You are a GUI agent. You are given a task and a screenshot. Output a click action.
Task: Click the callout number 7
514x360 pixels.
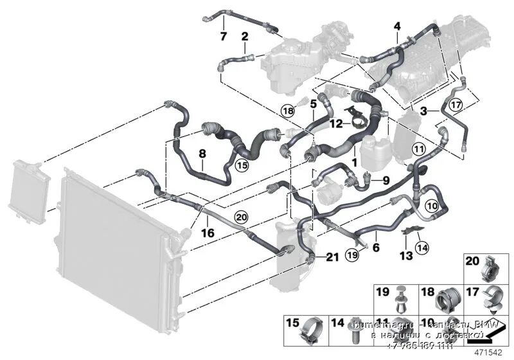pos(223,36)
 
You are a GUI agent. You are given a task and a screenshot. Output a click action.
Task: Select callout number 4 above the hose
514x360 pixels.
pos(397,26)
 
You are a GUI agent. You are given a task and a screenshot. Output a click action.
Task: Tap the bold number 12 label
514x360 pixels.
pos(337,122)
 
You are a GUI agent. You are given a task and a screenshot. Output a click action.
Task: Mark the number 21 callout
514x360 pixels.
pos(331,258)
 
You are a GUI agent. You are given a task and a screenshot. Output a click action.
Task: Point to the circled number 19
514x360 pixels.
pos(353,255)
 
